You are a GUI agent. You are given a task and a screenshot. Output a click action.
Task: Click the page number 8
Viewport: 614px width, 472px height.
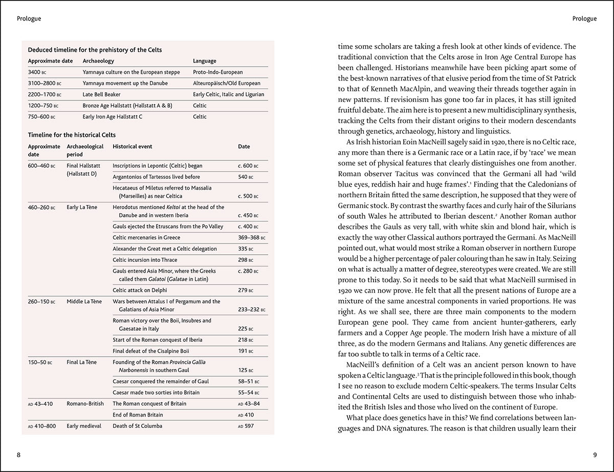tap(19, 454)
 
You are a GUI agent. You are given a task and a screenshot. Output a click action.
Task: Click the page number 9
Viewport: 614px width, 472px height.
tap(595, 454)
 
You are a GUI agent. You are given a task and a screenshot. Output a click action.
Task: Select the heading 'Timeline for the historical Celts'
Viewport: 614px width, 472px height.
tap(72, 135)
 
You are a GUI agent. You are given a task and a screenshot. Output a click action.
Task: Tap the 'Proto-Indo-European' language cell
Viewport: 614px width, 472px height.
tap(217, 72)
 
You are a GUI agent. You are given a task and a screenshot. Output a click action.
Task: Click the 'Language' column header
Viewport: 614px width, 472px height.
tap(205, 61)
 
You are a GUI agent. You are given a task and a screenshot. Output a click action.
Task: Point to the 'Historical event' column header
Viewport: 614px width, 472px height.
tap(132, 147)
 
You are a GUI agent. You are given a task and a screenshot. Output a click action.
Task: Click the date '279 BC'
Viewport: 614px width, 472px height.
tap(246, 291)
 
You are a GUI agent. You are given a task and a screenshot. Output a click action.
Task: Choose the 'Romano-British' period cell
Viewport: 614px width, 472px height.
tap(85, 404)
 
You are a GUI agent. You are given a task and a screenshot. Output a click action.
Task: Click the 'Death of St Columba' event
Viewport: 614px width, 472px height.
tap(138, 426)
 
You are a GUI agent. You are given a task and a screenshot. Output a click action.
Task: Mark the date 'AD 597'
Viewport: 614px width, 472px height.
tap(246, 426)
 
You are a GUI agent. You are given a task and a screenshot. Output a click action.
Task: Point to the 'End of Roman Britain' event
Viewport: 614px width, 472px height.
tap(138, 415)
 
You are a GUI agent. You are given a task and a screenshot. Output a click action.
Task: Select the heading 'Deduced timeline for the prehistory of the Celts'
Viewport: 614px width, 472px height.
tap(95, 50)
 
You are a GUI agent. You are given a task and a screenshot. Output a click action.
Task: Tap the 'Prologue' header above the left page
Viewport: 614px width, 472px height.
tap(29, 19)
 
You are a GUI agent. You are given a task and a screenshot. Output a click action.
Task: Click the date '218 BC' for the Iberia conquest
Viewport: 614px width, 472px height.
tap(246, 340)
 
